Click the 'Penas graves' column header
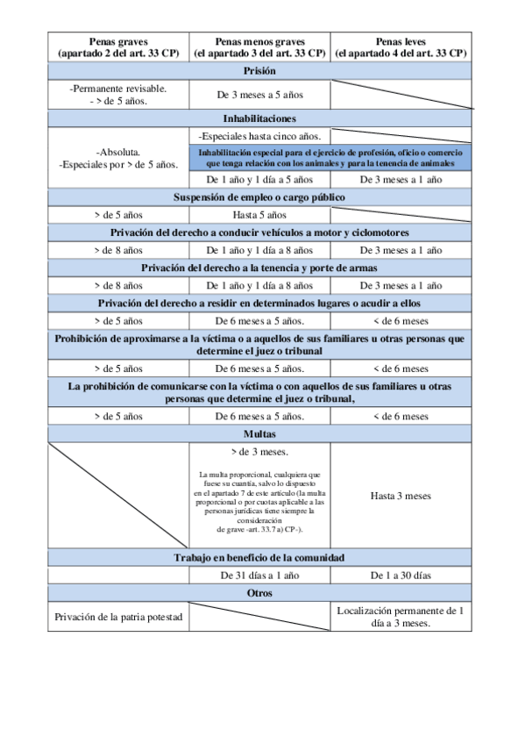[x=118, y=47]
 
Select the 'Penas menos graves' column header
[x=260, y=47]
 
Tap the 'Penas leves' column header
[x=401, y=47]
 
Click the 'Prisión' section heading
[x=260, y=71]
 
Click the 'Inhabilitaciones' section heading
[x=260, y=118]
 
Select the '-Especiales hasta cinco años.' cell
[x=260, y=136]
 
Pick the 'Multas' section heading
[x=260, y=433]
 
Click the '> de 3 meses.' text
[x=260, y=453]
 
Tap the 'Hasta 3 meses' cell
[x=401, y=496]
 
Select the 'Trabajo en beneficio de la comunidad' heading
[x=260, y=557]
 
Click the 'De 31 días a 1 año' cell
[x=260, y=576]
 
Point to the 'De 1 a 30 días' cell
[x=401, y=576]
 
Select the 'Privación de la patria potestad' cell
[x=118, y=617]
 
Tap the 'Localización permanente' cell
[x=401, y=616]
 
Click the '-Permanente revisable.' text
[x=118, y=89]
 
